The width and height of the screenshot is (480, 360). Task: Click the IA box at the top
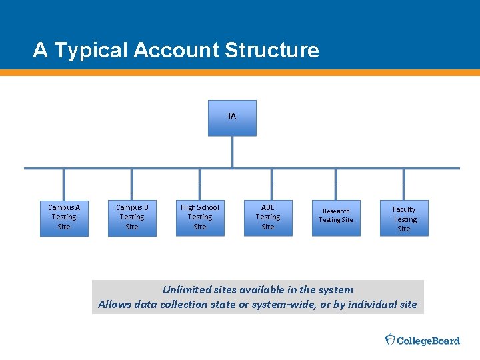point(232,118)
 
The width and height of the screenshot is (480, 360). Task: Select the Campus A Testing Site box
point(64,217)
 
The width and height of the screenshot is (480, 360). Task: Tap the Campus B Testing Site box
point(132,217)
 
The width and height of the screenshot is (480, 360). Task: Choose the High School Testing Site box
point(200,217)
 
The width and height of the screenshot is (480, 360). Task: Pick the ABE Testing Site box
point(268,217)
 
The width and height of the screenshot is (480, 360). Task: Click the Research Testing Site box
point(336,217)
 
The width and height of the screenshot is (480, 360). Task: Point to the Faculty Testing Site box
point(404,218)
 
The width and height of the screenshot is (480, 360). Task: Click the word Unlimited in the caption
point(188,289)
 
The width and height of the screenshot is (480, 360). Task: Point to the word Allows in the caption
point(114,305)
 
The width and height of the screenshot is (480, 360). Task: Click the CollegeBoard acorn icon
point(391,340)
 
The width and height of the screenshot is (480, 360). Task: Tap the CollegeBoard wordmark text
point(429,341)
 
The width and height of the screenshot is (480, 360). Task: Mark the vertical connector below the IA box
point(232,151)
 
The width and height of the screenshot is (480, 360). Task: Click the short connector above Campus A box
point(64,183)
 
